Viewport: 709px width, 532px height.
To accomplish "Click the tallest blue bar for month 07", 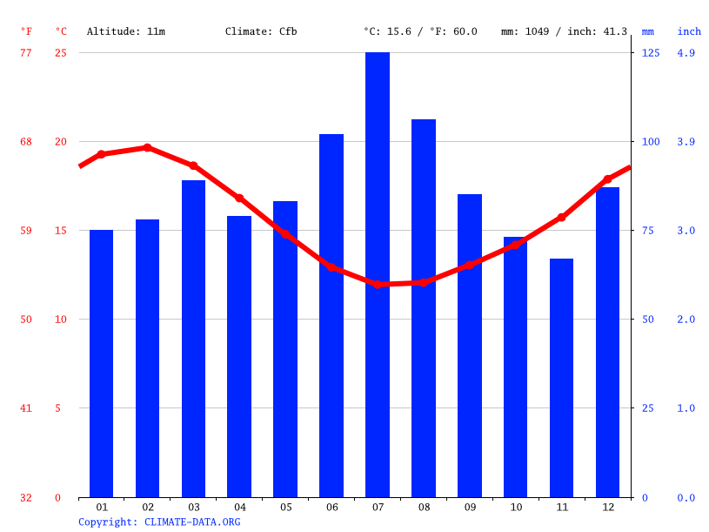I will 378,274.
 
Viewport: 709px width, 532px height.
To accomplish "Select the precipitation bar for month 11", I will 561,378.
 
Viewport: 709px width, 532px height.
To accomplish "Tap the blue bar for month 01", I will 102,363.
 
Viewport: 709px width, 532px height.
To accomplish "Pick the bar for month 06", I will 331,315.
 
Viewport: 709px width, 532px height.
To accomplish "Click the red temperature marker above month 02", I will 147,147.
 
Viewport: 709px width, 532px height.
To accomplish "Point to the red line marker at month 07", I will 378,284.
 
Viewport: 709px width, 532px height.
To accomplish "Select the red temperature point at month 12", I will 607,179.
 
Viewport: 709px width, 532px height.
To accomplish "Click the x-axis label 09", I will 470,507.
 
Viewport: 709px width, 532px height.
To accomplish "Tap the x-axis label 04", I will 240,507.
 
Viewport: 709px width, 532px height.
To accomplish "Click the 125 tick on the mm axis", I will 651,53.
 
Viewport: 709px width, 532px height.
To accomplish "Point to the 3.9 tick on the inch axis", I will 686,142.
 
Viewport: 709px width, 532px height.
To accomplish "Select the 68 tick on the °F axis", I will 26,142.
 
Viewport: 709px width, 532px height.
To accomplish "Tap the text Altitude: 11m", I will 125,31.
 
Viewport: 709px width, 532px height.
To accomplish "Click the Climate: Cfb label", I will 261,31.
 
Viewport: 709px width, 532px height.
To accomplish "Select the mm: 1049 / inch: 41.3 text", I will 564,31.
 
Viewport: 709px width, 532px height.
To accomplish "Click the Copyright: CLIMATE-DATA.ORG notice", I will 159,522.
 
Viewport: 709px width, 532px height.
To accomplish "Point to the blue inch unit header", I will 689,31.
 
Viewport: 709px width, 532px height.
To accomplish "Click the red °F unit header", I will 26,31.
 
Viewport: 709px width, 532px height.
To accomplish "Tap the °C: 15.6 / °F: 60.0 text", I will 420,31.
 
